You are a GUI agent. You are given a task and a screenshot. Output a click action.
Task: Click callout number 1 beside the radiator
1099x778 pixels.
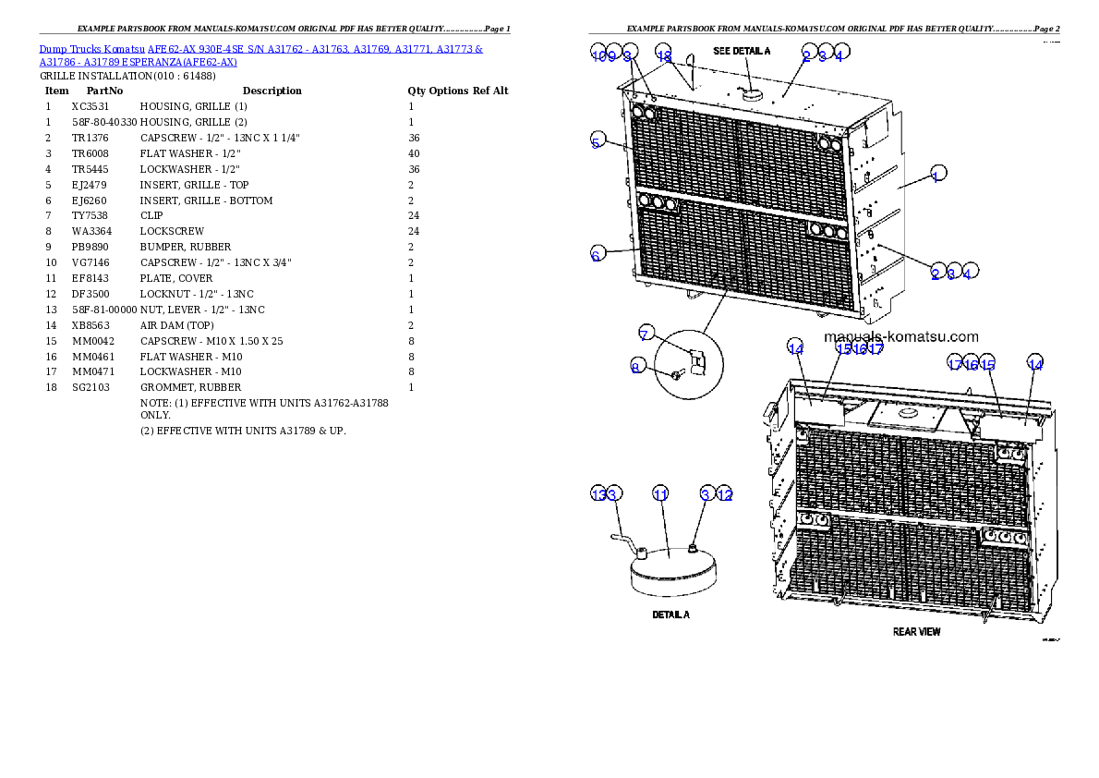(x=936, y=176)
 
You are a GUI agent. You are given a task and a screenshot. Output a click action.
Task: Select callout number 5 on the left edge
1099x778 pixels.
(x=598, y=141)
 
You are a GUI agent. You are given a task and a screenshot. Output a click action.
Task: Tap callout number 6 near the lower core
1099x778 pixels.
(x=598, y=255)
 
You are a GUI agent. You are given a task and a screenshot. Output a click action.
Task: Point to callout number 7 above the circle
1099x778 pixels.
(x=646, y=334)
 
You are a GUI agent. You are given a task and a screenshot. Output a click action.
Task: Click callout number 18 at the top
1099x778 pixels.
(x=663, y=55)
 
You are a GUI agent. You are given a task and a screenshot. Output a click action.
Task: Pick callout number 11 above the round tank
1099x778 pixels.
(x=660, y=494)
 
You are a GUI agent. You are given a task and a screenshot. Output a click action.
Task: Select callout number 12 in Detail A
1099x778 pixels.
(x=725, y=494)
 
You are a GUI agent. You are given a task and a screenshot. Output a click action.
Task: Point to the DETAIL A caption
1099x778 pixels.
(x=670, y=614)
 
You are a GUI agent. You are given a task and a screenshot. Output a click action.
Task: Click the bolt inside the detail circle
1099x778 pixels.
(x=677, y=373)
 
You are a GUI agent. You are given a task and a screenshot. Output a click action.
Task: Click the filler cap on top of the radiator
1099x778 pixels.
(x=750, y=91)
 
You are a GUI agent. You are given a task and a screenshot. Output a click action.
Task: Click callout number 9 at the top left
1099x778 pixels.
(x=612, y=55)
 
